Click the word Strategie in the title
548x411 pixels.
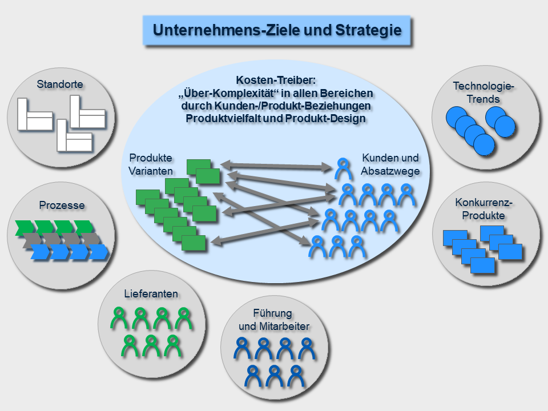click(368, 30)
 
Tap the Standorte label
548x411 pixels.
click(60, 84)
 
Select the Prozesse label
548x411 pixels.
click(62, 205)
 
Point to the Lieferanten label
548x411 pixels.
click(151, 294)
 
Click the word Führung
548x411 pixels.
click(273, 313)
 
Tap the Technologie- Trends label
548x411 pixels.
click(484, 92)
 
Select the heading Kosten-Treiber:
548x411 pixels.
click(276, 82)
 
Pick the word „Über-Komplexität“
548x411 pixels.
click(217, 94)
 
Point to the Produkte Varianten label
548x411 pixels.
click(151, 164)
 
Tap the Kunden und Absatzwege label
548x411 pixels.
click(390, 164)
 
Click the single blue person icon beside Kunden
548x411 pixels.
click(343, 168)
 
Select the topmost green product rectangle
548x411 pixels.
click(199, 166)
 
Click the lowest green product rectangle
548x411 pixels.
click(194, 243)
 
